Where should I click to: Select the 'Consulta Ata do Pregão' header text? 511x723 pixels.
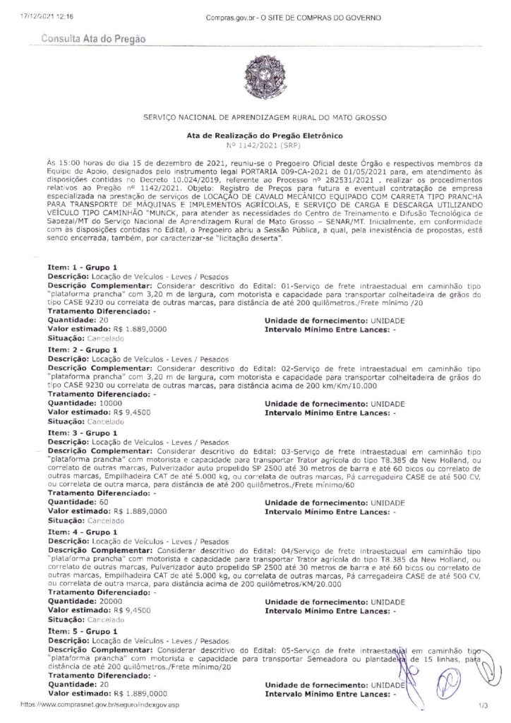pyautogui.click(x=94, y=39)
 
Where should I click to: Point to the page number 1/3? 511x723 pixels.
pyautogui.click(x=483, y=705)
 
